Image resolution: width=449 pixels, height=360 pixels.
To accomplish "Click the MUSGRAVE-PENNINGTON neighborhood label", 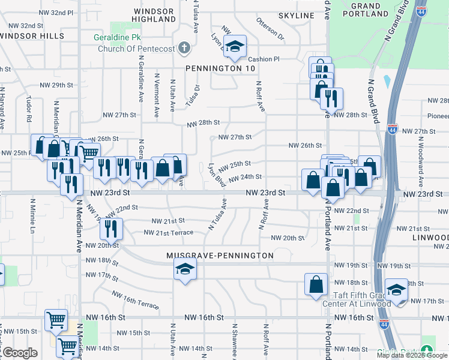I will click(x=220, y=256).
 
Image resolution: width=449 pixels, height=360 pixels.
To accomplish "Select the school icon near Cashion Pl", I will click(x=236, y=47).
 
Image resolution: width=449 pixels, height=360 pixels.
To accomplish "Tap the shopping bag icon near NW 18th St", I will click(x=316, y=284).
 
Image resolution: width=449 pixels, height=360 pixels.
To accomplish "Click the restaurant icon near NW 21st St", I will click(x=111, y=227).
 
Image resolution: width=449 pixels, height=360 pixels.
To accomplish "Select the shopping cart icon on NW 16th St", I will click(x=56, y=320).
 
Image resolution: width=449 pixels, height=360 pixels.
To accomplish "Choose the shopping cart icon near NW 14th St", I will click(x=68, y=347).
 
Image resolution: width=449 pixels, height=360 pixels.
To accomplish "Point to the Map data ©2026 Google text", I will click(x=412, y=355).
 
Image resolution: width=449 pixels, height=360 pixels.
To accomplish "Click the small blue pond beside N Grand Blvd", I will click(x=387, y=80).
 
